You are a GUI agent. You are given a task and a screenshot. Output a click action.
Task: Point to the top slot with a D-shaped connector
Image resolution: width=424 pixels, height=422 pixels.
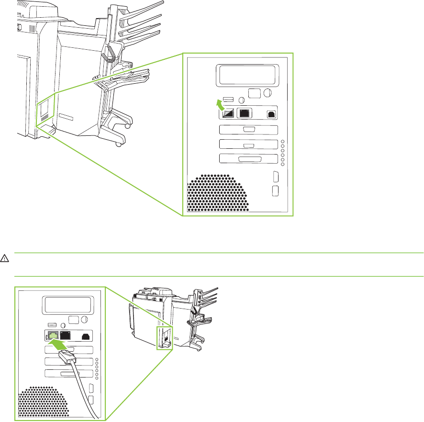click(x=248, y=129)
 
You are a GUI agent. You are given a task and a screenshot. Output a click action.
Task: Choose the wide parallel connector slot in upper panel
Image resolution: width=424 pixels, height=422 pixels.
click(x=248, y=159)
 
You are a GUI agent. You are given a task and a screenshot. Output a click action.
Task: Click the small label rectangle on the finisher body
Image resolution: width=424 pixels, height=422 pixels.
click(x=67, y=117)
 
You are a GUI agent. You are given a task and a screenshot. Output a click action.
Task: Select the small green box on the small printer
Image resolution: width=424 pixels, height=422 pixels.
click(x=163, y=337)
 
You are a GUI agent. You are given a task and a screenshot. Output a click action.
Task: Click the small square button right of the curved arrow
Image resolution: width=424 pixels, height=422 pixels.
click(x=255, y=93)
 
